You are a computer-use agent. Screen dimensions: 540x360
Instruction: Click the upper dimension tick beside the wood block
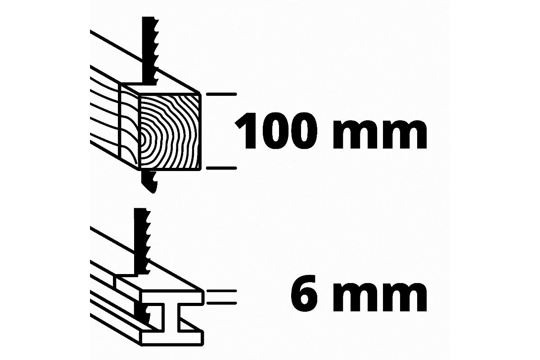(x=221, y=94)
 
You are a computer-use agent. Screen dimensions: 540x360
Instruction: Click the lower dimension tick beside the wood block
(x=221, y=168)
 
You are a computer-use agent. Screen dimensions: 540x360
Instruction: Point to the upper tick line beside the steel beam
(x=221, y=291)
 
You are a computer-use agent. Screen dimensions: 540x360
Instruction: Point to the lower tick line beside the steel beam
(x=221, y=303)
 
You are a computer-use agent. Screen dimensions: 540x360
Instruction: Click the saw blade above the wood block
(x=149, y=51)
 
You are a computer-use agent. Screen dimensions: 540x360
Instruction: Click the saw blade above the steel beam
(x=142, y=241)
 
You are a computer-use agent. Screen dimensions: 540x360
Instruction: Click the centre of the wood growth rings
(x=143, y=140)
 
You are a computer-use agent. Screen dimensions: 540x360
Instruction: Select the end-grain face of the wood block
(x=170, y=132)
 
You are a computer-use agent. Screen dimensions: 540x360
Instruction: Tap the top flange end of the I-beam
(x=171, y=297)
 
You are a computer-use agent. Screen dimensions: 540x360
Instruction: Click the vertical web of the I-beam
(x=171, y=317)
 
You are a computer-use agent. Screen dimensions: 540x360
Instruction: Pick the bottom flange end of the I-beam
(x=171, y=337)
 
